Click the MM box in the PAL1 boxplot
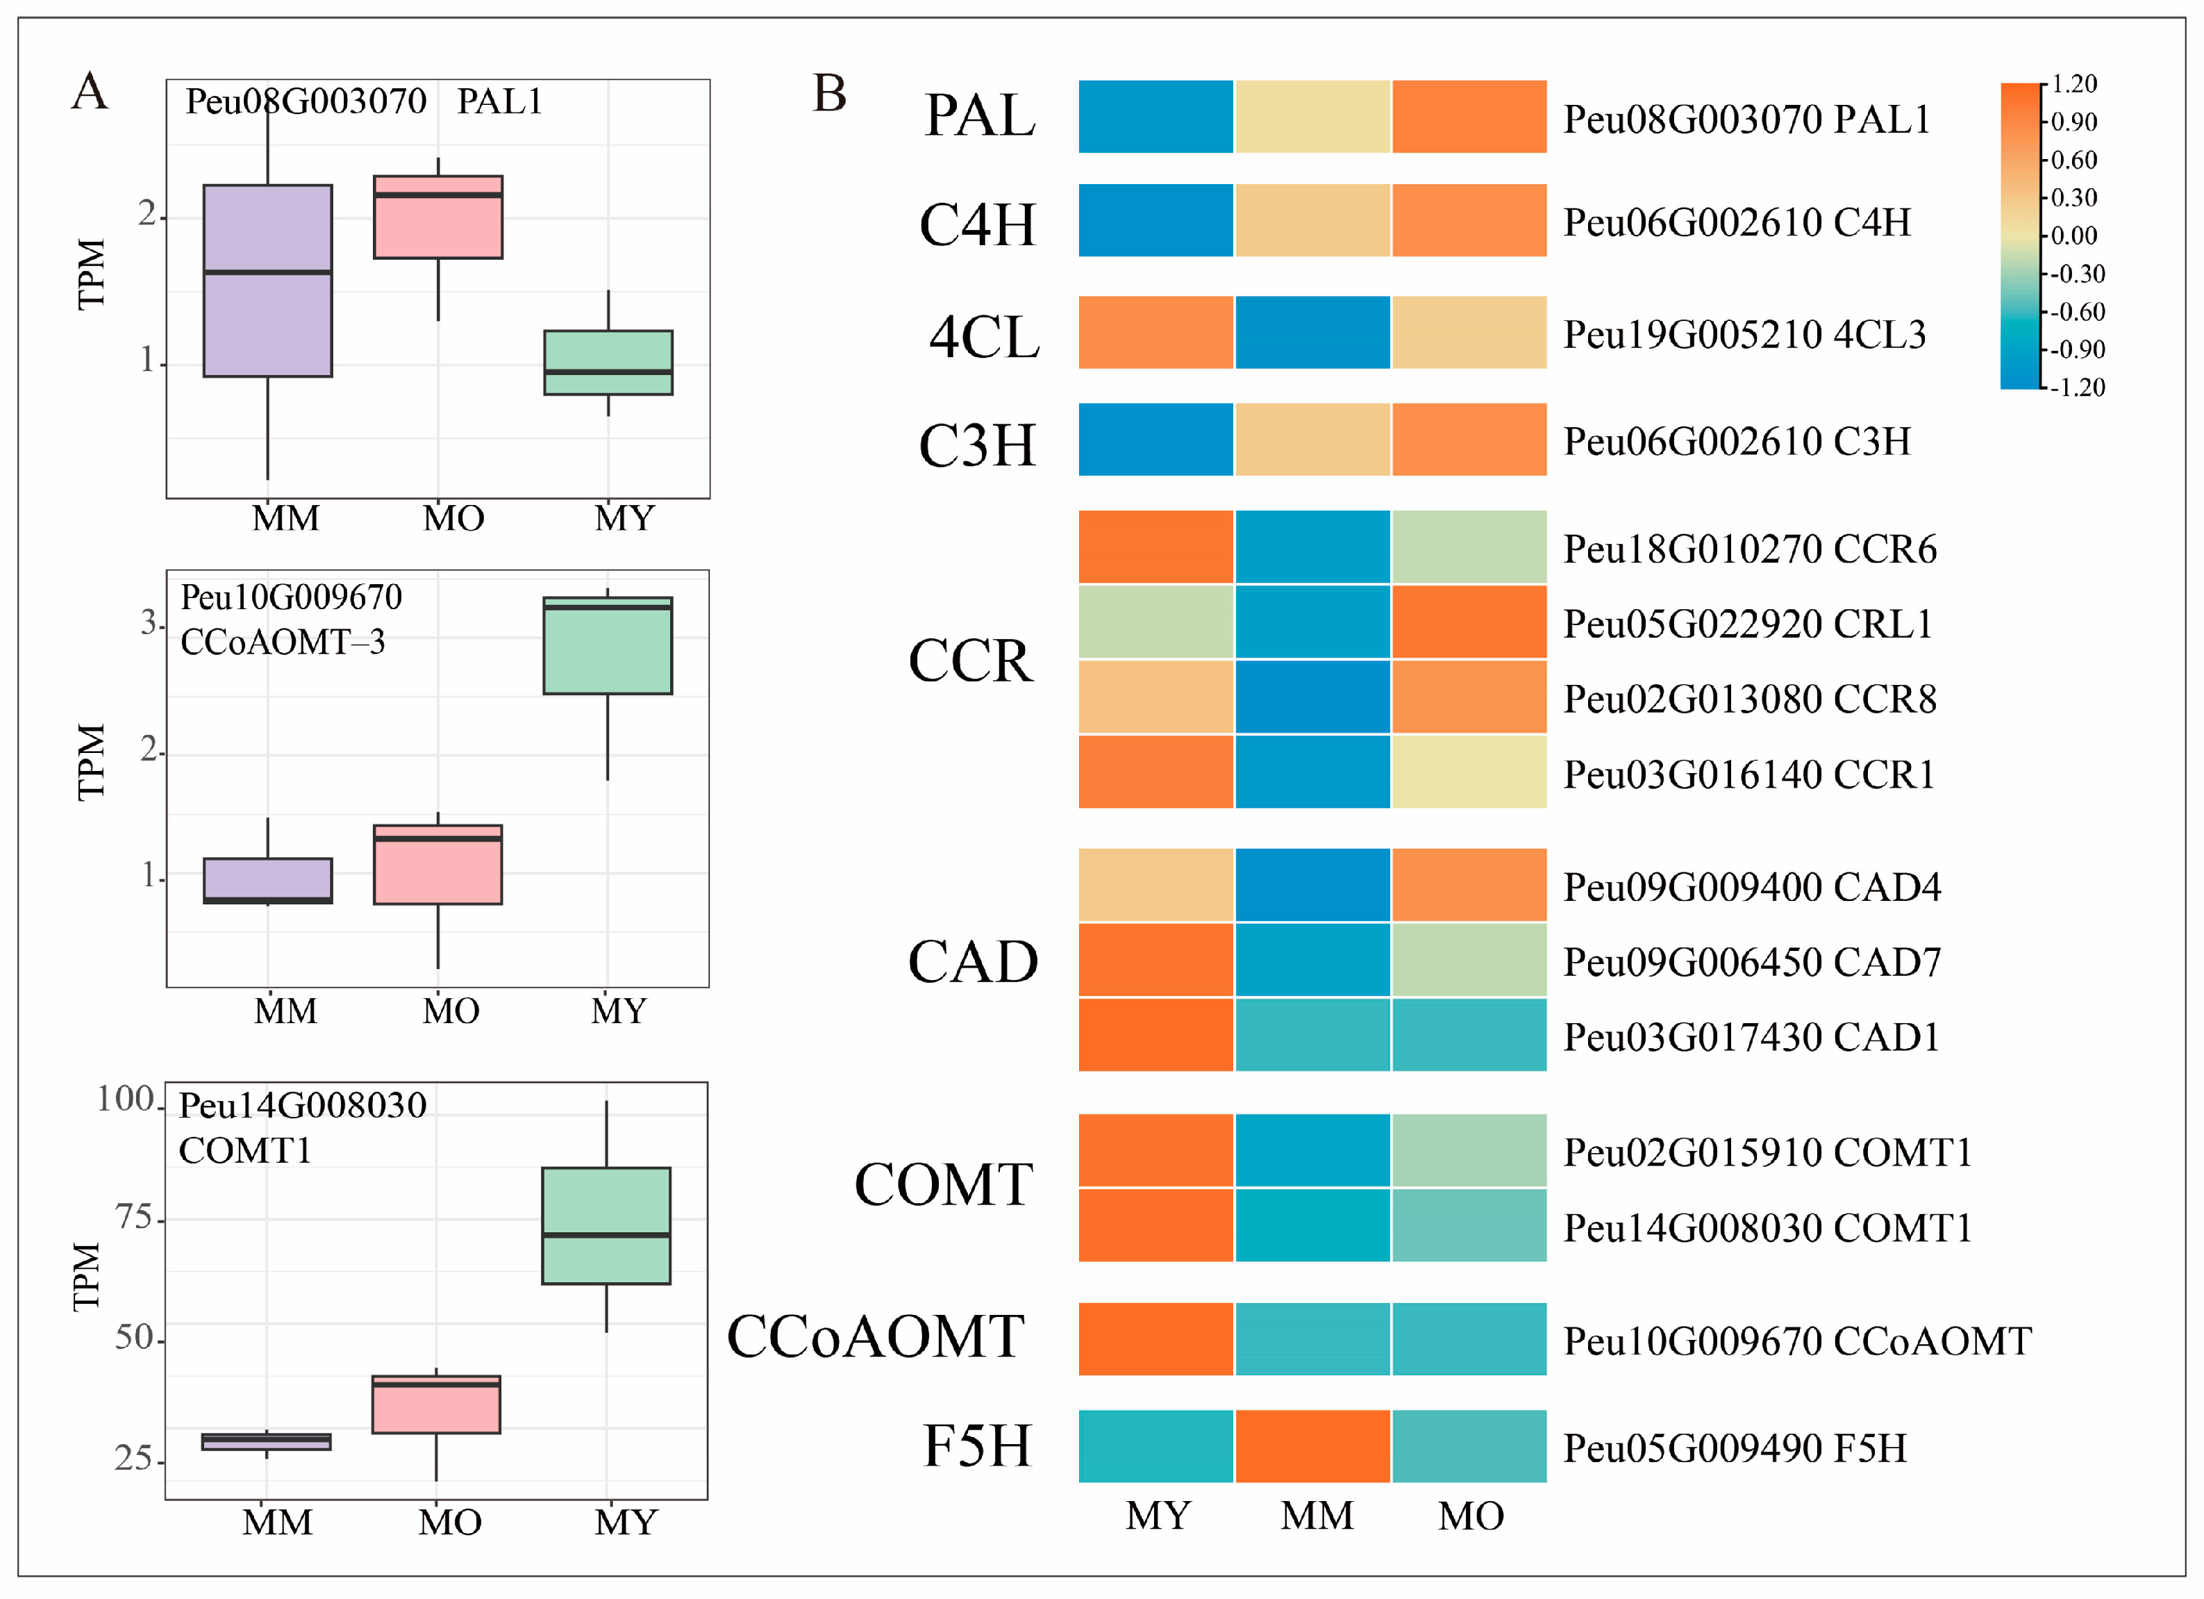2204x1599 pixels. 267,280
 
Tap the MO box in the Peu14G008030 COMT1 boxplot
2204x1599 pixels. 436,1405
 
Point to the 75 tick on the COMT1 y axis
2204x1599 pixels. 135,1218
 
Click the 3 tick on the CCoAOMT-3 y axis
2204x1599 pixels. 151,623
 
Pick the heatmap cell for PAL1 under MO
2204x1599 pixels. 1469,117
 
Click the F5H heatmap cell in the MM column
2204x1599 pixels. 1312,1445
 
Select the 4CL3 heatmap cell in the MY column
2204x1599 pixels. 1155,333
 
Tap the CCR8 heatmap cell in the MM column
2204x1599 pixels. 1312,697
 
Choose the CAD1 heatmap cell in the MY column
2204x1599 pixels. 1155,1035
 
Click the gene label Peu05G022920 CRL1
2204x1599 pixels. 1747,624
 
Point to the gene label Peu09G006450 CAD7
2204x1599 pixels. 1751,962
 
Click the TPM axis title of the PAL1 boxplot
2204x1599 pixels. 92,274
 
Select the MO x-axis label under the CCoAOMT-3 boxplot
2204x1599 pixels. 451,1011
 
